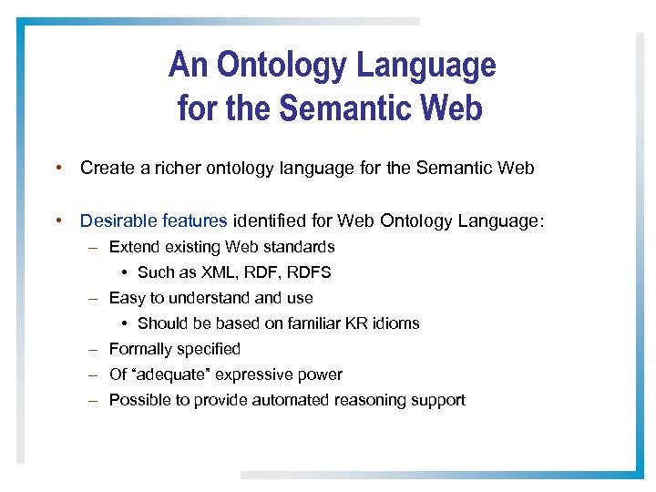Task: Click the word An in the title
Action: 189,66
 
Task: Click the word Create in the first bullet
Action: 104,168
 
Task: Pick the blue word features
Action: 194,220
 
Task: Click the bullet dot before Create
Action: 57,169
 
